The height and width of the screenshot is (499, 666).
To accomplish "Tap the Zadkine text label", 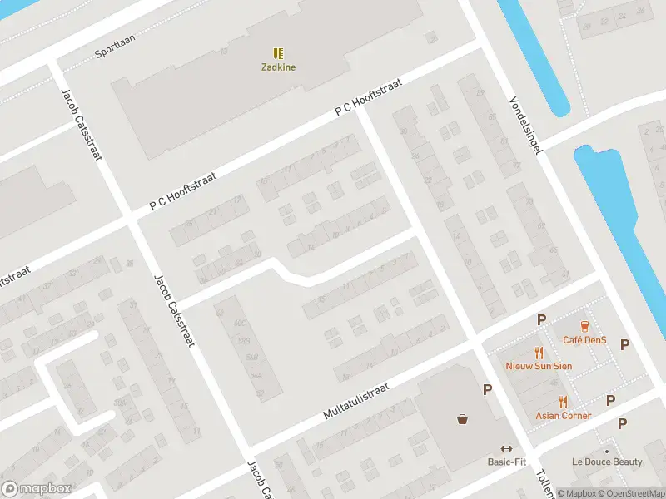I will click(x=278, y=67).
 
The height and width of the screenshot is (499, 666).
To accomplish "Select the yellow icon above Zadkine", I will click(x=278, y=52).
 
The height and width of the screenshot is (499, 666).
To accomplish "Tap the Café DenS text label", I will click(x=584, y=340).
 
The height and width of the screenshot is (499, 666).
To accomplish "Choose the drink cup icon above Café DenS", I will click(x=584, y=325).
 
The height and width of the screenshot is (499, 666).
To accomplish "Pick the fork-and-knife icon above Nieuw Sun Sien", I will click(x=538, y=352).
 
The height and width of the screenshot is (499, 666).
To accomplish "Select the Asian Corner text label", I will click(x=564, y=416).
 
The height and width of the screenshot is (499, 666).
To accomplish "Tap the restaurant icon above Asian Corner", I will click(x=564, y=402).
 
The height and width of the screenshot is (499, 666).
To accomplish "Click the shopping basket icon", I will click(x=462, y=419).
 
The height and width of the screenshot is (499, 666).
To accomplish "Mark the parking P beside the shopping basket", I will click(x=487, y=388).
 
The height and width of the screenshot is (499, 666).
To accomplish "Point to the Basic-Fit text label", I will click(x=507, y=462).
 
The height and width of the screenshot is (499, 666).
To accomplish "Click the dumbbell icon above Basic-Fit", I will click(x=507, y=448).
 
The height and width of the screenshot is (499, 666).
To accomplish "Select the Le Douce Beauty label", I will click(x=607, y=462).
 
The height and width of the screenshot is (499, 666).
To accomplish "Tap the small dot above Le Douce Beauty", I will click(x=607, y=452).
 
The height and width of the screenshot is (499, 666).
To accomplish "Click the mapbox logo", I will click(x=37, y=489).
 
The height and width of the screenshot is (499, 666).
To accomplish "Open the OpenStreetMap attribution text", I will click(x=629, y=493).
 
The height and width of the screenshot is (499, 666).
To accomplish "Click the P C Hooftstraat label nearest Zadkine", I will click(x=368, y=96).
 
